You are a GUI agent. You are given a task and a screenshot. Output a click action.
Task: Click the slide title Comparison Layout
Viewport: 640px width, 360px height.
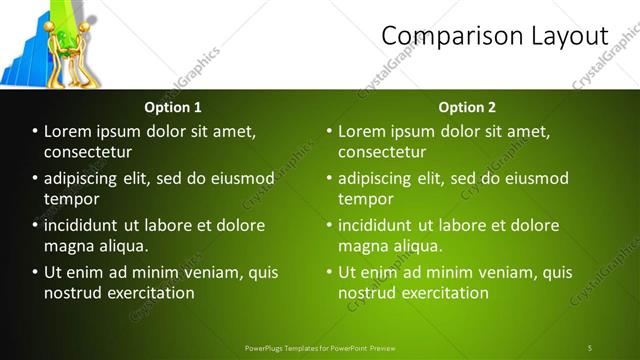coord(495,36)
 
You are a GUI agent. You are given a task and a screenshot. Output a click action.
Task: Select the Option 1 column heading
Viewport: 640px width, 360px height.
coord(173,107)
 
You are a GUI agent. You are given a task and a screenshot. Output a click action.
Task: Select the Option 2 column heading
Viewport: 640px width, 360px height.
coord(467,107)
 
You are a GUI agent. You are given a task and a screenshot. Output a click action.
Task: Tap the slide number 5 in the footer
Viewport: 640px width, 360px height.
coord(590,347)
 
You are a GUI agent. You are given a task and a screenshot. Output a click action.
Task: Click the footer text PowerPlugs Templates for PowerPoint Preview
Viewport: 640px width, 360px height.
coord(320,347)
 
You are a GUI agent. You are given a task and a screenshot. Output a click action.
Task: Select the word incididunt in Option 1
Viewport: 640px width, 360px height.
coord(91,225)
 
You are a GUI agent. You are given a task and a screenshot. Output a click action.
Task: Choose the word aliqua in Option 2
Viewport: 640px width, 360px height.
coord(420,246)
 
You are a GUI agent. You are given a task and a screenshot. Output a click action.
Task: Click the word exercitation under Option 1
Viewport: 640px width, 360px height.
coord(145,293)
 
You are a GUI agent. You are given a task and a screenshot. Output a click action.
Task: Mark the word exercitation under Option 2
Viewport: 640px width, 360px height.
coord(439,293)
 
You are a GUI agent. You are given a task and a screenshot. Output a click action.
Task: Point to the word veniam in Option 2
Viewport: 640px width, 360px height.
coord(508,272)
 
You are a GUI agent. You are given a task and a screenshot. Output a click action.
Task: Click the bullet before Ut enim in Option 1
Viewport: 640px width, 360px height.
coord(36,272)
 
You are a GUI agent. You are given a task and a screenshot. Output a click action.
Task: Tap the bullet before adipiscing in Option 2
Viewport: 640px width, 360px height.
coord(330,178)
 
